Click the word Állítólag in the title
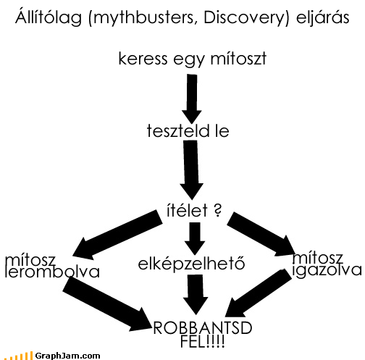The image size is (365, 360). (x=49, y=18)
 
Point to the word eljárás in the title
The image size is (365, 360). (x=323, y=18)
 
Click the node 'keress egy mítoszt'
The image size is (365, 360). (x=193, y=59)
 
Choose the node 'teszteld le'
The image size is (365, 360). (x=188, y=130)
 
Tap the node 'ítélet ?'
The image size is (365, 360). (x=194, y=210)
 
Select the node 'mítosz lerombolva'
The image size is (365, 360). (x=52, y=266)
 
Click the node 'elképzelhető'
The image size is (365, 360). (x=191, y=264)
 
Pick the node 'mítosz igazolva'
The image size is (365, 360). (x=327, y=264)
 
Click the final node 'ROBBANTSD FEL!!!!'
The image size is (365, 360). (x=203, y=335)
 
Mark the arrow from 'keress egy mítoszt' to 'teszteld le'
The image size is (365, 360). (x=192, y=99)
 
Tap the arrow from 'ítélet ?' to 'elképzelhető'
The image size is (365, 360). (x=195, y=238)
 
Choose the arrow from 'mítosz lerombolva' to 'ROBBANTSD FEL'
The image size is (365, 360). (x=107, y=304)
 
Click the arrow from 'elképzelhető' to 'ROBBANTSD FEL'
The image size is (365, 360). (x=196, y=295)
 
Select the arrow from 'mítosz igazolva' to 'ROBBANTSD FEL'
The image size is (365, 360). (x=259, y=293)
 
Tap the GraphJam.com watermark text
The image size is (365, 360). (x=67, y=356)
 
